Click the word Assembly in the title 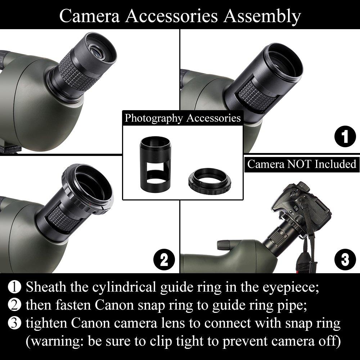click(x=262, y=17)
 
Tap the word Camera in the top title click(x=90, y=16)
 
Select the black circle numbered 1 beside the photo click(x=345, y=136)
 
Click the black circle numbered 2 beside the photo click(x=164, y=260)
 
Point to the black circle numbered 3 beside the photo click(x=345, y=260)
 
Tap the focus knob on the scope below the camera click(x=224, y=246)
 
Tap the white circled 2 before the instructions click(x=14, y=305)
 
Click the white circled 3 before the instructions click(x=14, y=323)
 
